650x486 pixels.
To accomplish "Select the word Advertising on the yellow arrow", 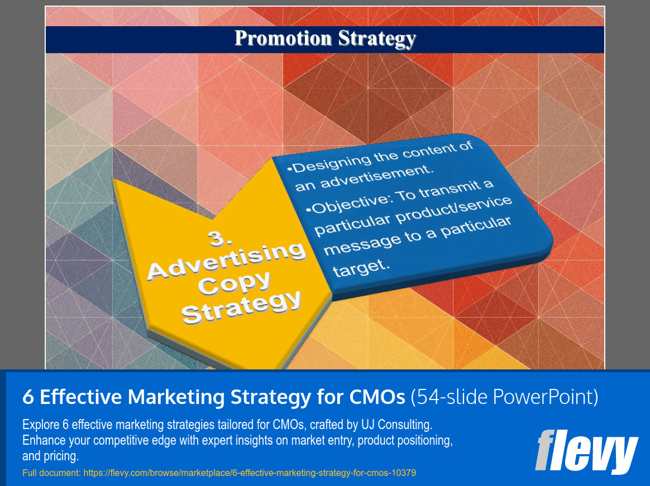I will pos(227,261).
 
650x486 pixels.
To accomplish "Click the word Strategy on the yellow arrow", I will pos(241,307).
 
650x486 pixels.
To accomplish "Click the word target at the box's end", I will pos(361,268).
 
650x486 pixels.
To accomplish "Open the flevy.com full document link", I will pos(249,473).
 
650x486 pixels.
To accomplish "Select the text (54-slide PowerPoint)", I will pos(504,397).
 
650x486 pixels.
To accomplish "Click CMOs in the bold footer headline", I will pos(376,397).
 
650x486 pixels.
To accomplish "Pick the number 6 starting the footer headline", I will pos(28,397).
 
